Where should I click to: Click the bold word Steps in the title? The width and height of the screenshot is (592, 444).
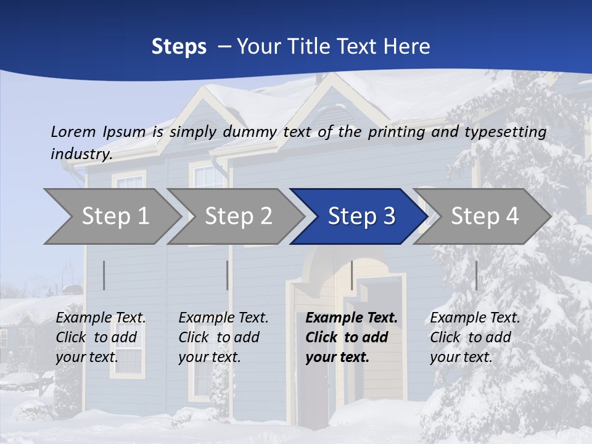pyautogui.click(x=179, y=46)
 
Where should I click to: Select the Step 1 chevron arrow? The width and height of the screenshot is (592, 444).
pyautogui.click(x=111, y=216)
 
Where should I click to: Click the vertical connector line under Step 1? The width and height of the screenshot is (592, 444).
pyautogui.click(x=104, y=275)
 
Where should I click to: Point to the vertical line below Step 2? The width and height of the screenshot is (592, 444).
pyautogui.click(x=227, y=275)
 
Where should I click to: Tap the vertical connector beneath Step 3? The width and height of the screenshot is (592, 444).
pyautogui.click(x=351, y=275)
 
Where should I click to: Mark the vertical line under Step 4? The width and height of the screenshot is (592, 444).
pyautogui.click(x=476, y=275)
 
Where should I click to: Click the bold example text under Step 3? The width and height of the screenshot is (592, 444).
pyautogui.click(x=351, y=337)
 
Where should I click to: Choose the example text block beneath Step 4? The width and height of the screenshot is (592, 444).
pyautogui.click(x=475, y=337)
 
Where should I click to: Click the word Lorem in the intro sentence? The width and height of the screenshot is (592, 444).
pyautogui.click(x=73, y=131)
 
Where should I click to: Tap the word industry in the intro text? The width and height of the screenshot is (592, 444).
pyautogui.click(x=80, y=154)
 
